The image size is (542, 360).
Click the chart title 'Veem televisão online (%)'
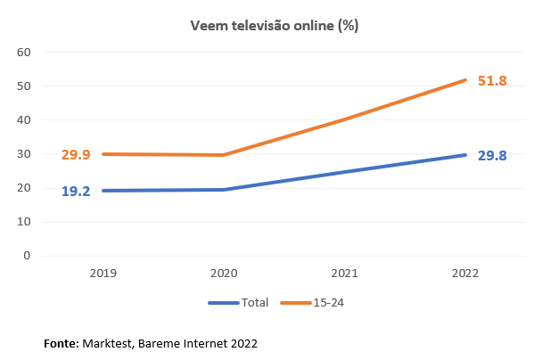(274, 25)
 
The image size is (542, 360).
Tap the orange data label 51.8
(492, 81)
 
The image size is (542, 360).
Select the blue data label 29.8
(492, 156)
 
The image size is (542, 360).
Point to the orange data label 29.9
(76, 155)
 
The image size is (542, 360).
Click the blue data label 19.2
(76, 191)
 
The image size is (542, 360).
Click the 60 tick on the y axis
(24, 52)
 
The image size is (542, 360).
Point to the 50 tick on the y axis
(24, 86)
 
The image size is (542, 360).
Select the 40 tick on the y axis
(24, 120)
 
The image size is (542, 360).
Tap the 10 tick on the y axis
(24, 222)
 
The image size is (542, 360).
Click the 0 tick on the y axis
(28, 256)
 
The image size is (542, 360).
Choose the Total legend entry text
(255, 303)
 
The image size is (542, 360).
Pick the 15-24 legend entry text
(327, 303)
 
